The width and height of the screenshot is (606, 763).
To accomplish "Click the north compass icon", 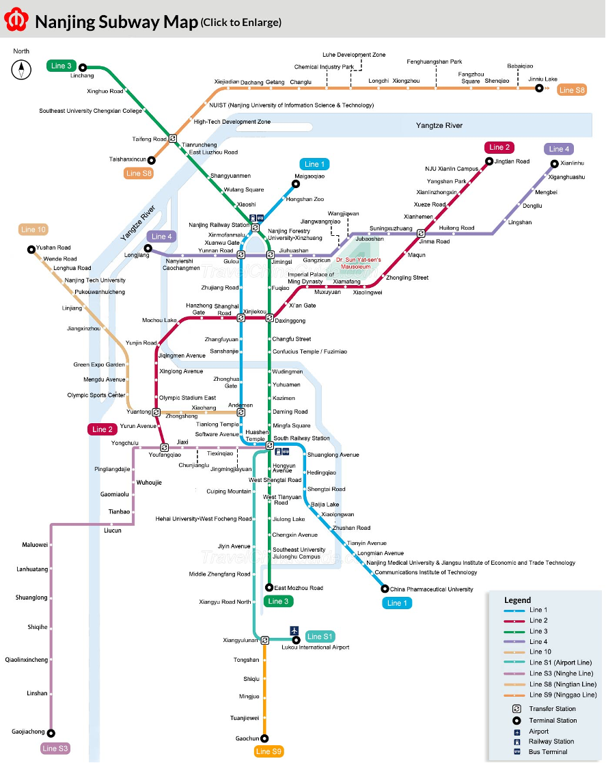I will [x=22, y=69].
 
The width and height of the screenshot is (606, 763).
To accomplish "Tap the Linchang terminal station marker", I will [x=82, y=67].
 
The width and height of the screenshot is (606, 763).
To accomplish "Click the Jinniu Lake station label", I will [x=542, y=79].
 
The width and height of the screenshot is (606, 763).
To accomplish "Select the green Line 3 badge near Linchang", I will [x=60, y=66].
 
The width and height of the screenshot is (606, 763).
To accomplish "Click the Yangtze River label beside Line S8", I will [x=439, y=125].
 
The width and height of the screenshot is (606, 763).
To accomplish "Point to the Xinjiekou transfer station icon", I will [x=240, y=318].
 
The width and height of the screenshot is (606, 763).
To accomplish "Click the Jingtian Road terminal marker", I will [x=489, y=161].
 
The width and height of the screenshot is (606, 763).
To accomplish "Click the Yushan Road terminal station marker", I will [x=31, y=250].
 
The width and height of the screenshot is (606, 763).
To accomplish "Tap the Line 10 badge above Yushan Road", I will [x=33, y=230].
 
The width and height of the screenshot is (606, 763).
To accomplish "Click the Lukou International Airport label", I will [x=315, y=647].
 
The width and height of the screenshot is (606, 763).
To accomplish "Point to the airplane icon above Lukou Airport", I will [x=294, y=630].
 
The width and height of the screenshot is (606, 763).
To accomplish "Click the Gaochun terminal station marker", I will [x=264, y=738].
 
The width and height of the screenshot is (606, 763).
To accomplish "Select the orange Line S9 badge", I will [x=268, y=751].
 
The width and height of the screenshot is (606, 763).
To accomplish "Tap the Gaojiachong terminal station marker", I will [x=51, y=732].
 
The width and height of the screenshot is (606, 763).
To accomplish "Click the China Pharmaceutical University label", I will [x=431, y=589].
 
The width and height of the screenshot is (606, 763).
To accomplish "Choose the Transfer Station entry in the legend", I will [x=552, y=709].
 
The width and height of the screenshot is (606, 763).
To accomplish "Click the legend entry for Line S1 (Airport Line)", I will [x=560, y=662].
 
